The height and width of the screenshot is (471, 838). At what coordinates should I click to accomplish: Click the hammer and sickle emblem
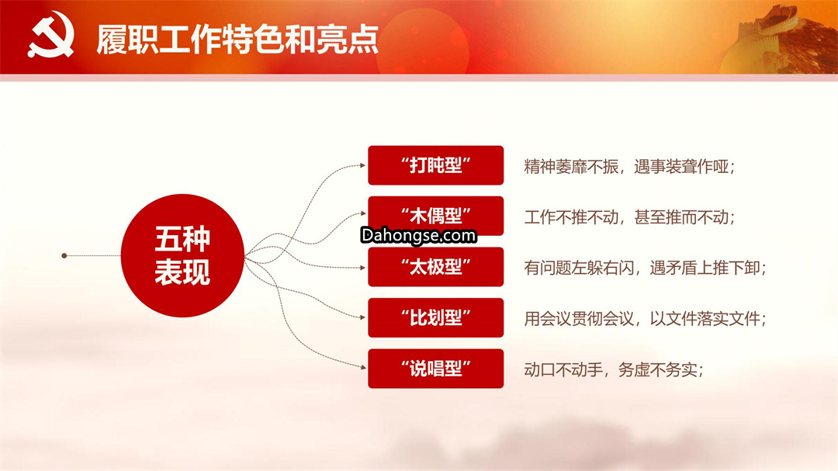click(x=50, y=36)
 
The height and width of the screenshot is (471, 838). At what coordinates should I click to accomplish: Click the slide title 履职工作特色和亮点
click(x=237, y=40)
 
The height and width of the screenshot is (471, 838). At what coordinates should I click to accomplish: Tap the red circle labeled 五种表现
click(x=182, y=255)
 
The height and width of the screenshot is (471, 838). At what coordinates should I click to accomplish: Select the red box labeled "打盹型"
click(x=435, y=165)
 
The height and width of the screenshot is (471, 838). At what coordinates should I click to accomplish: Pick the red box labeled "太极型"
click(x=435, y=267)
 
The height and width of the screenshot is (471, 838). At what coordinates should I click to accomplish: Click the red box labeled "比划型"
click(x=435, y=317)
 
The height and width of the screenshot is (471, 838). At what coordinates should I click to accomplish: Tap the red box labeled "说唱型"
click(x=435, y=369)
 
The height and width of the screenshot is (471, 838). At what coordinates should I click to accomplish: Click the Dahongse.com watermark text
click(x=418, y=236)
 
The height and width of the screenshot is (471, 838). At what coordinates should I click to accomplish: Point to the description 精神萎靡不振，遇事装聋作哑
click(x=629, y=167)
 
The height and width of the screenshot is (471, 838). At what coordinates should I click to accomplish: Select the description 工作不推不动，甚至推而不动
click(x=629, y=217)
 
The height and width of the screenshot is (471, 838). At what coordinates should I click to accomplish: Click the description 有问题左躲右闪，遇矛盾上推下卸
click(x=645, y=268)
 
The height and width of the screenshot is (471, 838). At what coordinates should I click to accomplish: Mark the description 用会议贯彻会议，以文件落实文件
click(x=645, y=319)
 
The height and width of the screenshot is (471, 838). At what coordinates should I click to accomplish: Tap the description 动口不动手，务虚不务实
click(x=613, y=369)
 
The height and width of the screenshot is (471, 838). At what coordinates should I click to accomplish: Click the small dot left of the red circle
click(x=64, y=255)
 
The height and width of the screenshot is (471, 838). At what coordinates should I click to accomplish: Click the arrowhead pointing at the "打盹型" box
click(x=363, y=165)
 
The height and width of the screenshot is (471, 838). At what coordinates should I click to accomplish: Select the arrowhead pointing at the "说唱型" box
click(x=363, y=368)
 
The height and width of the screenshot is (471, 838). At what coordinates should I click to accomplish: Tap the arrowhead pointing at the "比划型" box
click(x=363, y=317)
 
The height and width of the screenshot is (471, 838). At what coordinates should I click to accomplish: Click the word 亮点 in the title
click(x=348, y=40)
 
